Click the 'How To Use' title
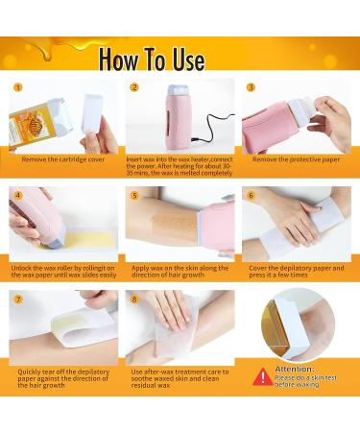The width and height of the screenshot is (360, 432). [x=152, y=60]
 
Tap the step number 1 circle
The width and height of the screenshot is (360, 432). [x=17, y=86]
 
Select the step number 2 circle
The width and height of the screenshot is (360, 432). [x=134, y=86]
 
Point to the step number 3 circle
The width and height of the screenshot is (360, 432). [x=251, y=86]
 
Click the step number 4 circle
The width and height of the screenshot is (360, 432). [x=17, y=193]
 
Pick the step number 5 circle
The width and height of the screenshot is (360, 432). [x=134, y=193]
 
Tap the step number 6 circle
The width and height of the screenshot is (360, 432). [x=251, y=193]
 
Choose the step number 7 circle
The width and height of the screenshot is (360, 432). [x=17, y=299]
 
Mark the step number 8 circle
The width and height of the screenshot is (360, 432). [x=134, y=299]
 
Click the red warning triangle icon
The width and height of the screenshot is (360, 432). [x=261, y=376]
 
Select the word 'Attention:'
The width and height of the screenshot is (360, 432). [x=294, y=368]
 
